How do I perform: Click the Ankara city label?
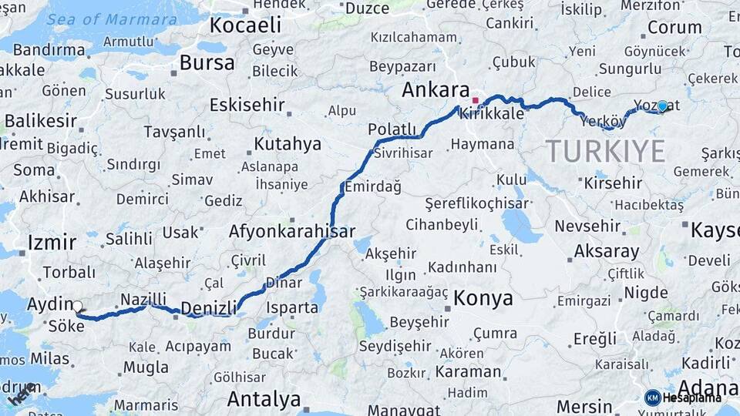click(436, 90)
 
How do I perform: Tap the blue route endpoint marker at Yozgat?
click(662, 106)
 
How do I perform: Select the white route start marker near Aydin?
click(77, 307)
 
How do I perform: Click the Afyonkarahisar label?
click(291, 231)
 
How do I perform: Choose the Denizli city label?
click(208, 308)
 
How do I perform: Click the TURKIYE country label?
click(605, 150)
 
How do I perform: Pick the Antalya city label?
click(264, 400)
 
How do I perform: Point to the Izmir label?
click(52, 243)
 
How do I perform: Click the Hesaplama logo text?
click(692, 398)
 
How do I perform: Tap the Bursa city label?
click(203, 62)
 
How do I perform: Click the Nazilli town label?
click(143, 299)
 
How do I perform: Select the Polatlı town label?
click(392, 129)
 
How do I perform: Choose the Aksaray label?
click(607, 251)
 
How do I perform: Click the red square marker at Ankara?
click(476, 100)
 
